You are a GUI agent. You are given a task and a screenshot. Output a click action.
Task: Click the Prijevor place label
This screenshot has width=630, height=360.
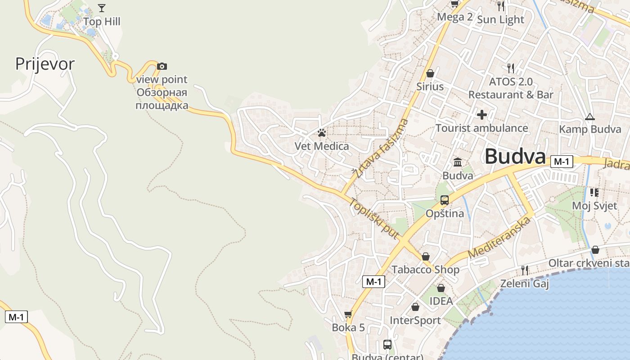[x=45, y=64]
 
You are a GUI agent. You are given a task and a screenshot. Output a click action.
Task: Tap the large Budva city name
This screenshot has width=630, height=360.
[x=515, y=157]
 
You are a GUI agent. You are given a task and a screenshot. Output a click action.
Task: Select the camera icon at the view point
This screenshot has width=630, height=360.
[x=162, y=66]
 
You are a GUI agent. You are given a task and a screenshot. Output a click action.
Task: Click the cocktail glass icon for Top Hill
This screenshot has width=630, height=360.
[x=102, y=8]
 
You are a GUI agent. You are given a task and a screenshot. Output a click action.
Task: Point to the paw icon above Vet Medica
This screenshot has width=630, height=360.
[x=321, y=133]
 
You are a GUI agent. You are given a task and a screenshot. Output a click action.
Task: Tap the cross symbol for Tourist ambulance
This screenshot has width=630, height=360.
[x=481, y=115]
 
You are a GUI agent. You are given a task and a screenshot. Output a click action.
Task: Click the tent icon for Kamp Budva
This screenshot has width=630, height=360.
[x=589, y=117]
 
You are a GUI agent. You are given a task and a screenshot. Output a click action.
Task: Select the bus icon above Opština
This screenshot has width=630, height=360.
[x=445, y=200]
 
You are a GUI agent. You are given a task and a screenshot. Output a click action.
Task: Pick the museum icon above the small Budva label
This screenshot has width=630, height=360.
[x=458, y=162]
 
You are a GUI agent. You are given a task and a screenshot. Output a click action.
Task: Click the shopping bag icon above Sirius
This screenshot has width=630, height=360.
[x=430, y=73]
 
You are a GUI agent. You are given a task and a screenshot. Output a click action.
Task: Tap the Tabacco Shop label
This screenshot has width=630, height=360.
[x=425, y=270]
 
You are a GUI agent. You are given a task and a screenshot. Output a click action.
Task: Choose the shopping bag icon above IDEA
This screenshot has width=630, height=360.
[x=441, y=288]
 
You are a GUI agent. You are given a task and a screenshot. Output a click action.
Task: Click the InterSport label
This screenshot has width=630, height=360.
[x=415, y=320]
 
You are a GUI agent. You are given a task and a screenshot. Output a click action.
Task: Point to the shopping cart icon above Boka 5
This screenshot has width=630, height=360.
[x=348, y=314]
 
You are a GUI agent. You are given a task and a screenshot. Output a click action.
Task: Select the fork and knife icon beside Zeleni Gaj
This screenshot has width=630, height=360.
[x=525, y=270]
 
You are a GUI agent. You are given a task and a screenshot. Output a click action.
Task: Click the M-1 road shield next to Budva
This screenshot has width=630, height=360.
[x=562, y=162]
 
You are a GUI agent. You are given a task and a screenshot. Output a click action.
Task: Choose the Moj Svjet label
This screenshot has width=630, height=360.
[x=594, y=206]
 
